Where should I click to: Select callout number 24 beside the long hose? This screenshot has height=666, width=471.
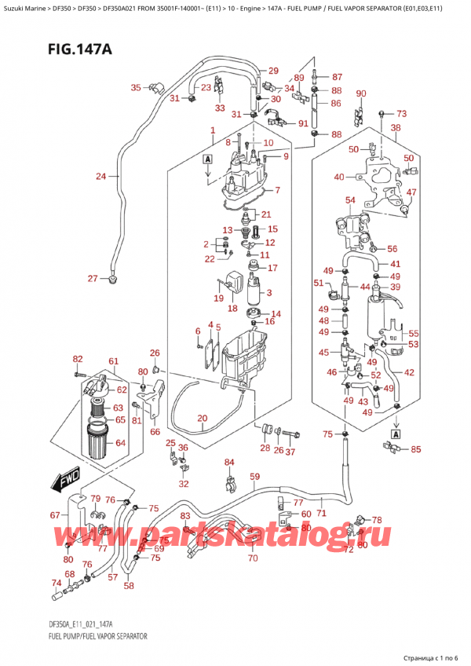coord(100,176)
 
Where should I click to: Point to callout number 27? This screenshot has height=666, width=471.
coord(93,279)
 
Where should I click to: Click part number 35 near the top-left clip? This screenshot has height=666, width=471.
coord(136,87)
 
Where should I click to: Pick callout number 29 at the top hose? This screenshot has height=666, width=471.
coord(273,71)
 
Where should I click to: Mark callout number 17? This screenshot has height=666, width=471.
coord(273,268)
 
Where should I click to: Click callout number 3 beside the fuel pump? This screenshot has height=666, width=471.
coord(269,294)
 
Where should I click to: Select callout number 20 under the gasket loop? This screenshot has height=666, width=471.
coord(202,418)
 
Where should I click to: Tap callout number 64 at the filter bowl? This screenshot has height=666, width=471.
coord(120,443)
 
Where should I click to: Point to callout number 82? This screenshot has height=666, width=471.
coord(77,359)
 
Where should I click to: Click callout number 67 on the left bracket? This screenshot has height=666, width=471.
coord(54,516)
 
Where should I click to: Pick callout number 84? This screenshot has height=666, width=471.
coord(229,462)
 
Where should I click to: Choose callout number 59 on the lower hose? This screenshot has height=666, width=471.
coord(254,477)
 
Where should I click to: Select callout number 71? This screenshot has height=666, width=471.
coord(321,513)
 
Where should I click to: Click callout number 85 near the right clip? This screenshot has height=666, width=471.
coord(415,450)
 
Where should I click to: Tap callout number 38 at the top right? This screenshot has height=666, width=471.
coord(396,127)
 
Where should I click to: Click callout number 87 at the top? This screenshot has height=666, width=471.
coord(337,77)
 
